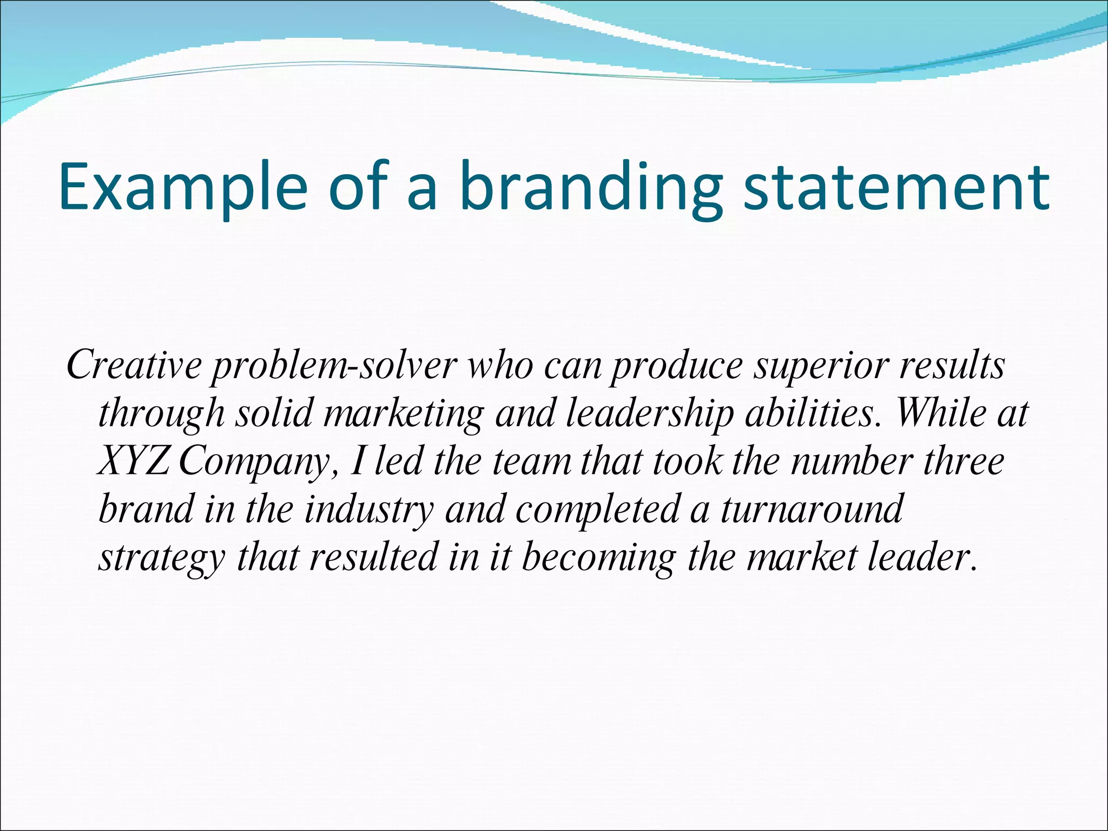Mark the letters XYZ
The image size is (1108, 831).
(133, 461)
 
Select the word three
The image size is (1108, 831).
(964, 461)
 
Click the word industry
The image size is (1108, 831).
(369, 510)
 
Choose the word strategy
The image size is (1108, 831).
(161, 558)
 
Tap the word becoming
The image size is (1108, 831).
(599, 558)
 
